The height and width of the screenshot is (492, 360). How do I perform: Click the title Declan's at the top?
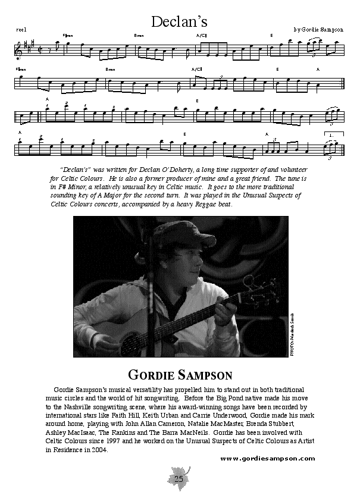click(179, 22)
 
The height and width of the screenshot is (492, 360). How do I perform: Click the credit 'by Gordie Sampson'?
click(318, 29)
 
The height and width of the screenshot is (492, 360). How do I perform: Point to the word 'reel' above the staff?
click(21, 29)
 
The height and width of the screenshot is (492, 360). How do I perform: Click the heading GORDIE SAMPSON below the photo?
click(180, 375)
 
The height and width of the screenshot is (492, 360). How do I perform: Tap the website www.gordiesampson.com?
click(267, 458)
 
